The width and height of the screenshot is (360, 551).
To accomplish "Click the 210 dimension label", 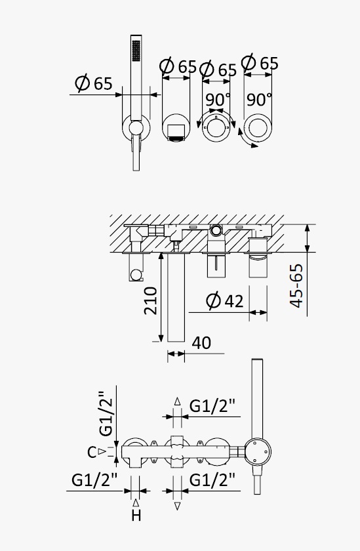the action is [x=150, y=301].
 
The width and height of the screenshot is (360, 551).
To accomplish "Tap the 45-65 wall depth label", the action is [x=296, y=286].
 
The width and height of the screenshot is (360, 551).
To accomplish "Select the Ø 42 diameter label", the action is [x=224, y=301].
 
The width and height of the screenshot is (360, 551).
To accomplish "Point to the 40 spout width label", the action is [x=201, y=343].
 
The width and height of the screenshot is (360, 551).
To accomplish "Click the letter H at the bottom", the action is [x=136, y=516].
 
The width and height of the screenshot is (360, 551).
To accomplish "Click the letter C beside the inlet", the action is [x=92, y=453].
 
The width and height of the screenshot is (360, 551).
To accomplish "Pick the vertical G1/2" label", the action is [x=106, y=413].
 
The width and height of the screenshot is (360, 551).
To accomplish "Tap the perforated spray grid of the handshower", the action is [x=136, y=51].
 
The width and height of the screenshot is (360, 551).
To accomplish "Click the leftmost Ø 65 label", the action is [x=94, y=83].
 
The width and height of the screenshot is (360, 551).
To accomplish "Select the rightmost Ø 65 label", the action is [x=260, y=63].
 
